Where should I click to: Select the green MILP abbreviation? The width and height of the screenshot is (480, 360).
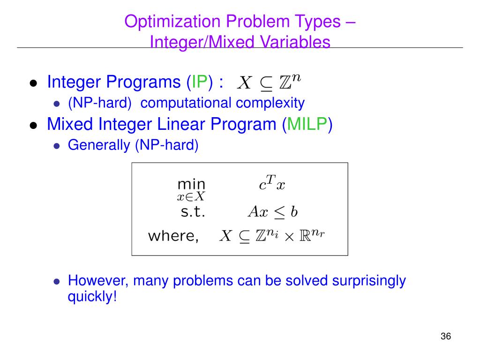point(307,124)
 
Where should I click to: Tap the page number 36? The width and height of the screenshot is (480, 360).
point(445,337)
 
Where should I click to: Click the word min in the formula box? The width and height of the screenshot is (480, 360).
point(191,184)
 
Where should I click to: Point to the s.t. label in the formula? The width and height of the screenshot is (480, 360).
point(193,212)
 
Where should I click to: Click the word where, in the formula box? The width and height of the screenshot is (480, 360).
point(173,236)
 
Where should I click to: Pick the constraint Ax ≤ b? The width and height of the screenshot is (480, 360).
point(272,212)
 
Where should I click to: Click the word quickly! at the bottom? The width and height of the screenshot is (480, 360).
point(92,297)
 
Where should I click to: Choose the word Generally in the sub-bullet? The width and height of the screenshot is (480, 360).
point(99,145)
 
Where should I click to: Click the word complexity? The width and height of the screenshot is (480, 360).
point(270,103)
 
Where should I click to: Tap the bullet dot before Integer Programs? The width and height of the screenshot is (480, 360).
point(33,83)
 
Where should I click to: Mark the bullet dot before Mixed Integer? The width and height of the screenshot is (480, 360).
point(33,125)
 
